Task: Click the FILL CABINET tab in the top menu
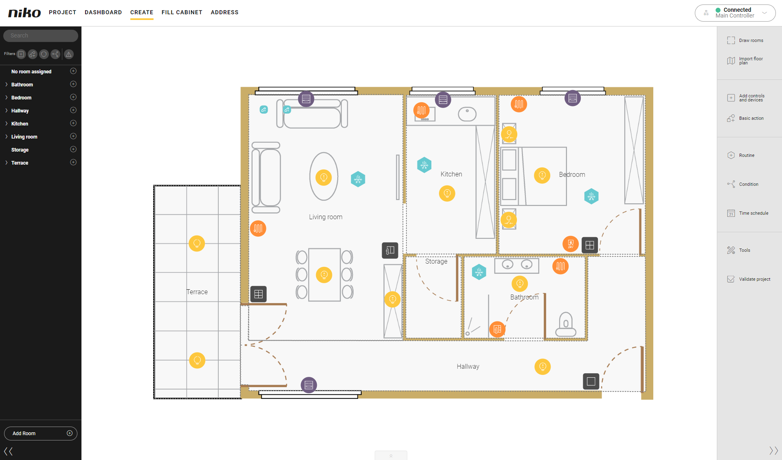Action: tap(182, 12)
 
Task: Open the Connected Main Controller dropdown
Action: tap(735, 13)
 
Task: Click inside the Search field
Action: tap(41, 35)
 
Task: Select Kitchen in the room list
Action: tap(20, 123)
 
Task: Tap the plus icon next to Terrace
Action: tap(73, 162)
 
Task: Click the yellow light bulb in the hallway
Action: tap(543, 367)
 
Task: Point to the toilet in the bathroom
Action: tap(566, 324)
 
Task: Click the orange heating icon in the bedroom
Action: tap(519, 104)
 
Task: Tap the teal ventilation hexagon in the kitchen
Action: tap(424, 165)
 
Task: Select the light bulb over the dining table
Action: tap(324, 275)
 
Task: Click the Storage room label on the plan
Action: tap(436, 261)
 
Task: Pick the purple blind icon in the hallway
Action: tap(309, 385)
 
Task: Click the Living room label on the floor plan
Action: tap(325, 217)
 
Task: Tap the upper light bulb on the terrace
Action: tap(197, 244)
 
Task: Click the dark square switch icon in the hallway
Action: tap(591, 381)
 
